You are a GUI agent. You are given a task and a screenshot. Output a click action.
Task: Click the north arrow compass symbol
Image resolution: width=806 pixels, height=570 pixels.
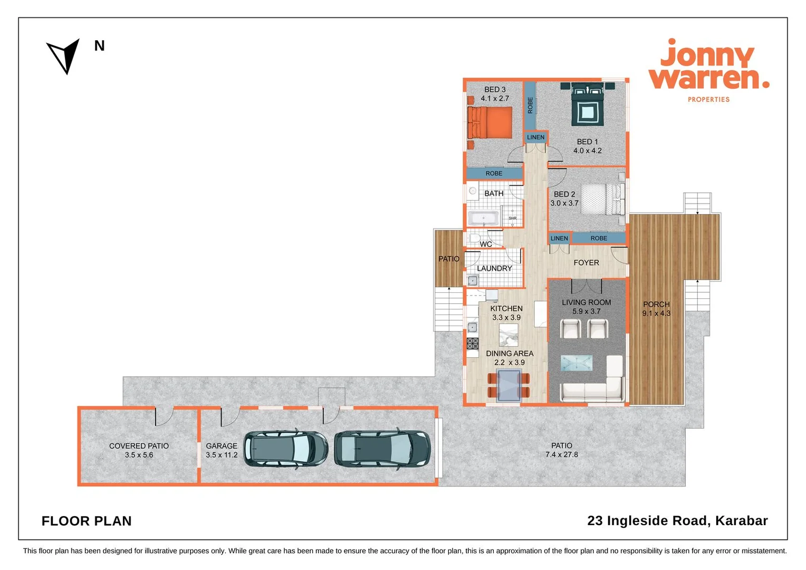coord(64,55)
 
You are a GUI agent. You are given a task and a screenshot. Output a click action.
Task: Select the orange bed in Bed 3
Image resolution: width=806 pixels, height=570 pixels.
coord(490,123)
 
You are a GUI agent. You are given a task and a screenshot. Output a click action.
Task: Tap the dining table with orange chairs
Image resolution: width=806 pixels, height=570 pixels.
coord(508,385)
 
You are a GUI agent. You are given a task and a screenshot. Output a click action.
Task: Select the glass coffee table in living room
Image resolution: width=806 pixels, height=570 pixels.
coord(576,363)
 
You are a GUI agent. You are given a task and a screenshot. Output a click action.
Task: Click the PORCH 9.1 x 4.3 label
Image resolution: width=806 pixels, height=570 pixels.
coord(656,309)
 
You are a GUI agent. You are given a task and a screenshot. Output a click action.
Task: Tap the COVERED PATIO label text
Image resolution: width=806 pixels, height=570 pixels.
coord(139,446)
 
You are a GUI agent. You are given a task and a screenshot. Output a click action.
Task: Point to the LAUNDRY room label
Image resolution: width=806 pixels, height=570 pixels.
coord(494,268)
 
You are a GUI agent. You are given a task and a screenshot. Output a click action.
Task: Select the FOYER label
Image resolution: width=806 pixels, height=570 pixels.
coord(586,262)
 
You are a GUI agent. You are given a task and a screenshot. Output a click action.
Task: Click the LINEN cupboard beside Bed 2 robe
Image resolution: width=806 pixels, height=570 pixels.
coord(559,238)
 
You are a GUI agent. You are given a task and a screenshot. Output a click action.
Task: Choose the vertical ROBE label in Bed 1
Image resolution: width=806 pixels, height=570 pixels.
coord(530,105)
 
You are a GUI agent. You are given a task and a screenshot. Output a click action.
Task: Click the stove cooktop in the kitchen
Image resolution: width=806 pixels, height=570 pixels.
coord(472,344)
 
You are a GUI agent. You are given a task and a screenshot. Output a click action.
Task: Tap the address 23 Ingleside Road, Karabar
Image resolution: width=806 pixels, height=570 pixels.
coord(677,520)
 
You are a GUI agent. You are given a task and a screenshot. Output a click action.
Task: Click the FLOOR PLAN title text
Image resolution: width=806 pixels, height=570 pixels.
coord(87,521)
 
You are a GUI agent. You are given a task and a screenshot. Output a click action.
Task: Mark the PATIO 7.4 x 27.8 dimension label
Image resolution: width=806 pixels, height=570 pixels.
coord(561,450)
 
